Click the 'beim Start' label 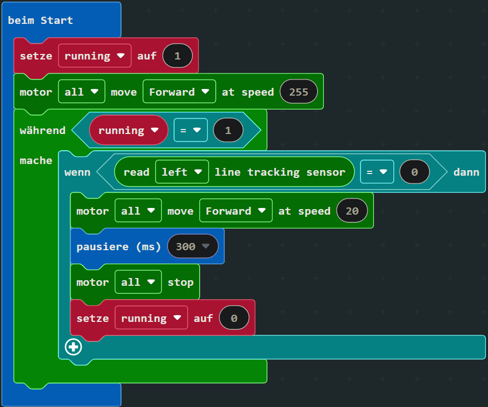(41, 21)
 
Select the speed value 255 (299, 92)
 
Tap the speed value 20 (352, 211)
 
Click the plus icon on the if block (73, 347)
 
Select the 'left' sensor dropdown (182, 172)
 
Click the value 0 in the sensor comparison (415, 172)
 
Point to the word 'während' (43, 131)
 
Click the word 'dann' (466, 172)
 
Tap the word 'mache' (36, 161)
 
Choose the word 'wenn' (77, 172)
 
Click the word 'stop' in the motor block (181, 282)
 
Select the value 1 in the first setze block (178, 56)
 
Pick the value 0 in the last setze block (234, 319)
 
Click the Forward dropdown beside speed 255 (179, 92)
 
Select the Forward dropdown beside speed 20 (235, 211)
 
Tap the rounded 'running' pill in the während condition (128, 131)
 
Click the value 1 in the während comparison (227, 131)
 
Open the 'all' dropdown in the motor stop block (138, 282)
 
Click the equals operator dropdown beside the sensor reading (377, 172)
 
